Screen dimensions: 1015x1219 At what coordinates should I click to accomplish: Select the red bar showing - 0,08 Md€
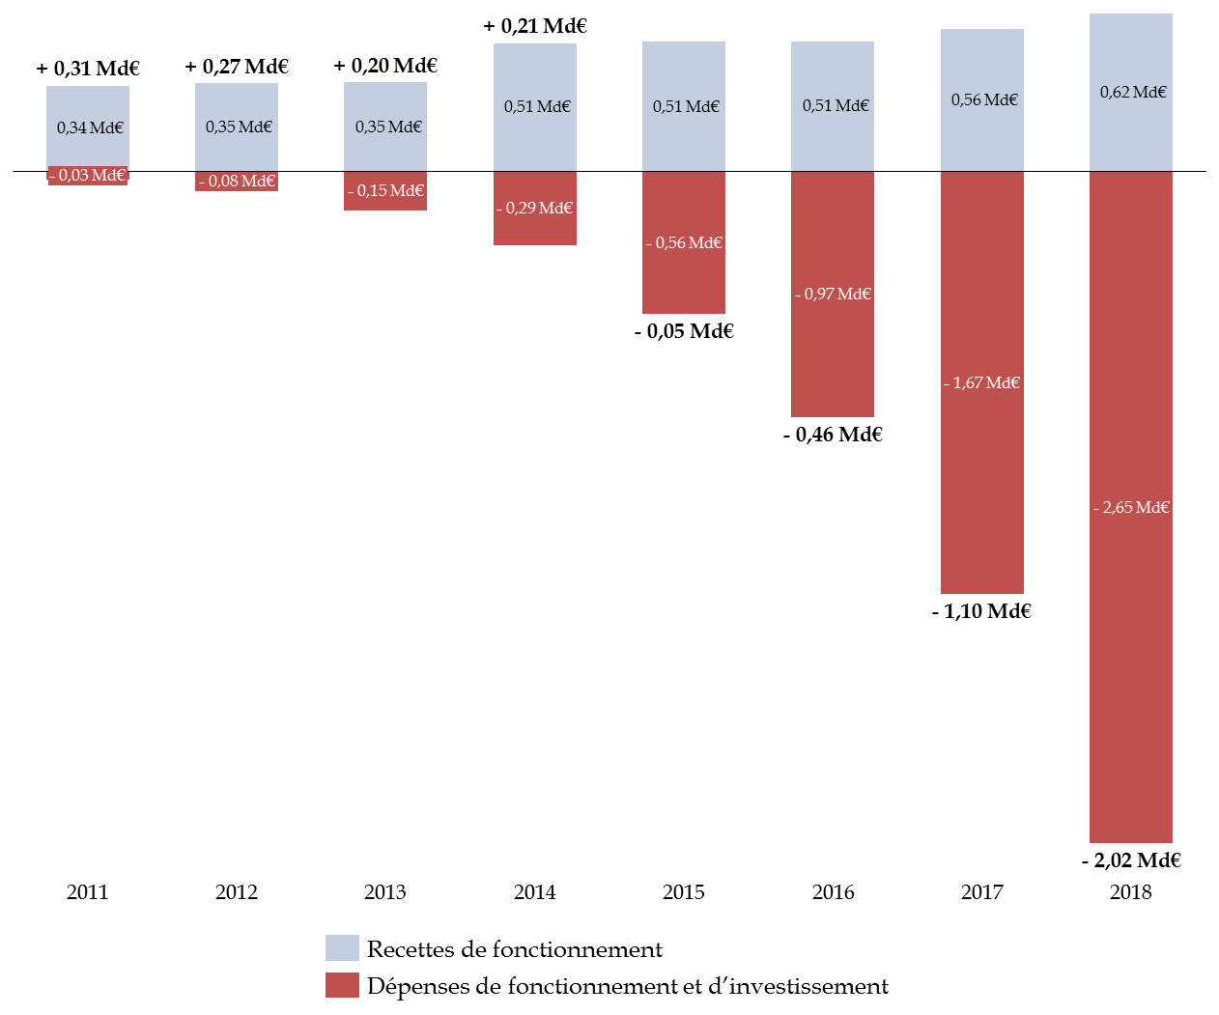[237, 182]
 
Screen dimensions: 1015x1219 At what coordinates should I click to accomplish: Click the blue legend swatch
[342, 947]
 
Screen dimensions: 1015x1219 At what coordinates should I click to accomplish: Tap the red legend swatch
[342, 985]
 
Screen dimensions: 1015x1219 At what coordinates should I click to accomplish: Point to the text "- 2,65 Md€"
[1131, 508]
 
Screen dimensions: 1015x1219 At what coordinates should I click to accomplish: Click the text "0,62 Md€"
[1133, 93]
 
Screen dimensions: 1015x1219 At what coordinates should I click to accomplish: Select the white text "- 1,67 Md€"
[981, 383]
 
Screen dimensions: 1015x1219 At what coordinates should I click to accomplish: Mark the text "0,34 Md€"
[90, 128]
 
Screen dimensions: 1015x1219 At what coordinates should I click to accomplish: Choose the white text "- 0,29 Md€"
[534, 209]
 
